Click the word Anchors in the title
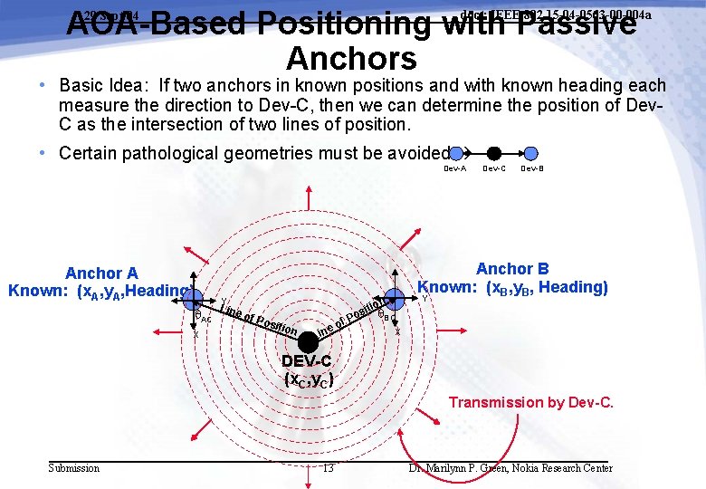coord(351,58)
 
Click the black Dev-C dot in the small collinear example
coord(494,154)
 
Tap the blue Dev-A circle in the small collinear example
coord(457,154)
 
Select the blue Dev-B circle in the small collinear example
coord(531,154)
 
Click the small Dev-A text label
coord(455,168)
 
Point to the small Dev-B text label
coord(532,168)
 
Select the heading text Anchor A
coord(102,273)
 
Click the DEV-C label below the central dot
coord(310,362)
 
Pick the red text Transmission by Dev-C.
coord(531,402)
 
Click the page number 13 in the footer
coord(328,468)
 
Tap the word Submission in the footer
coord(74,468)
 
